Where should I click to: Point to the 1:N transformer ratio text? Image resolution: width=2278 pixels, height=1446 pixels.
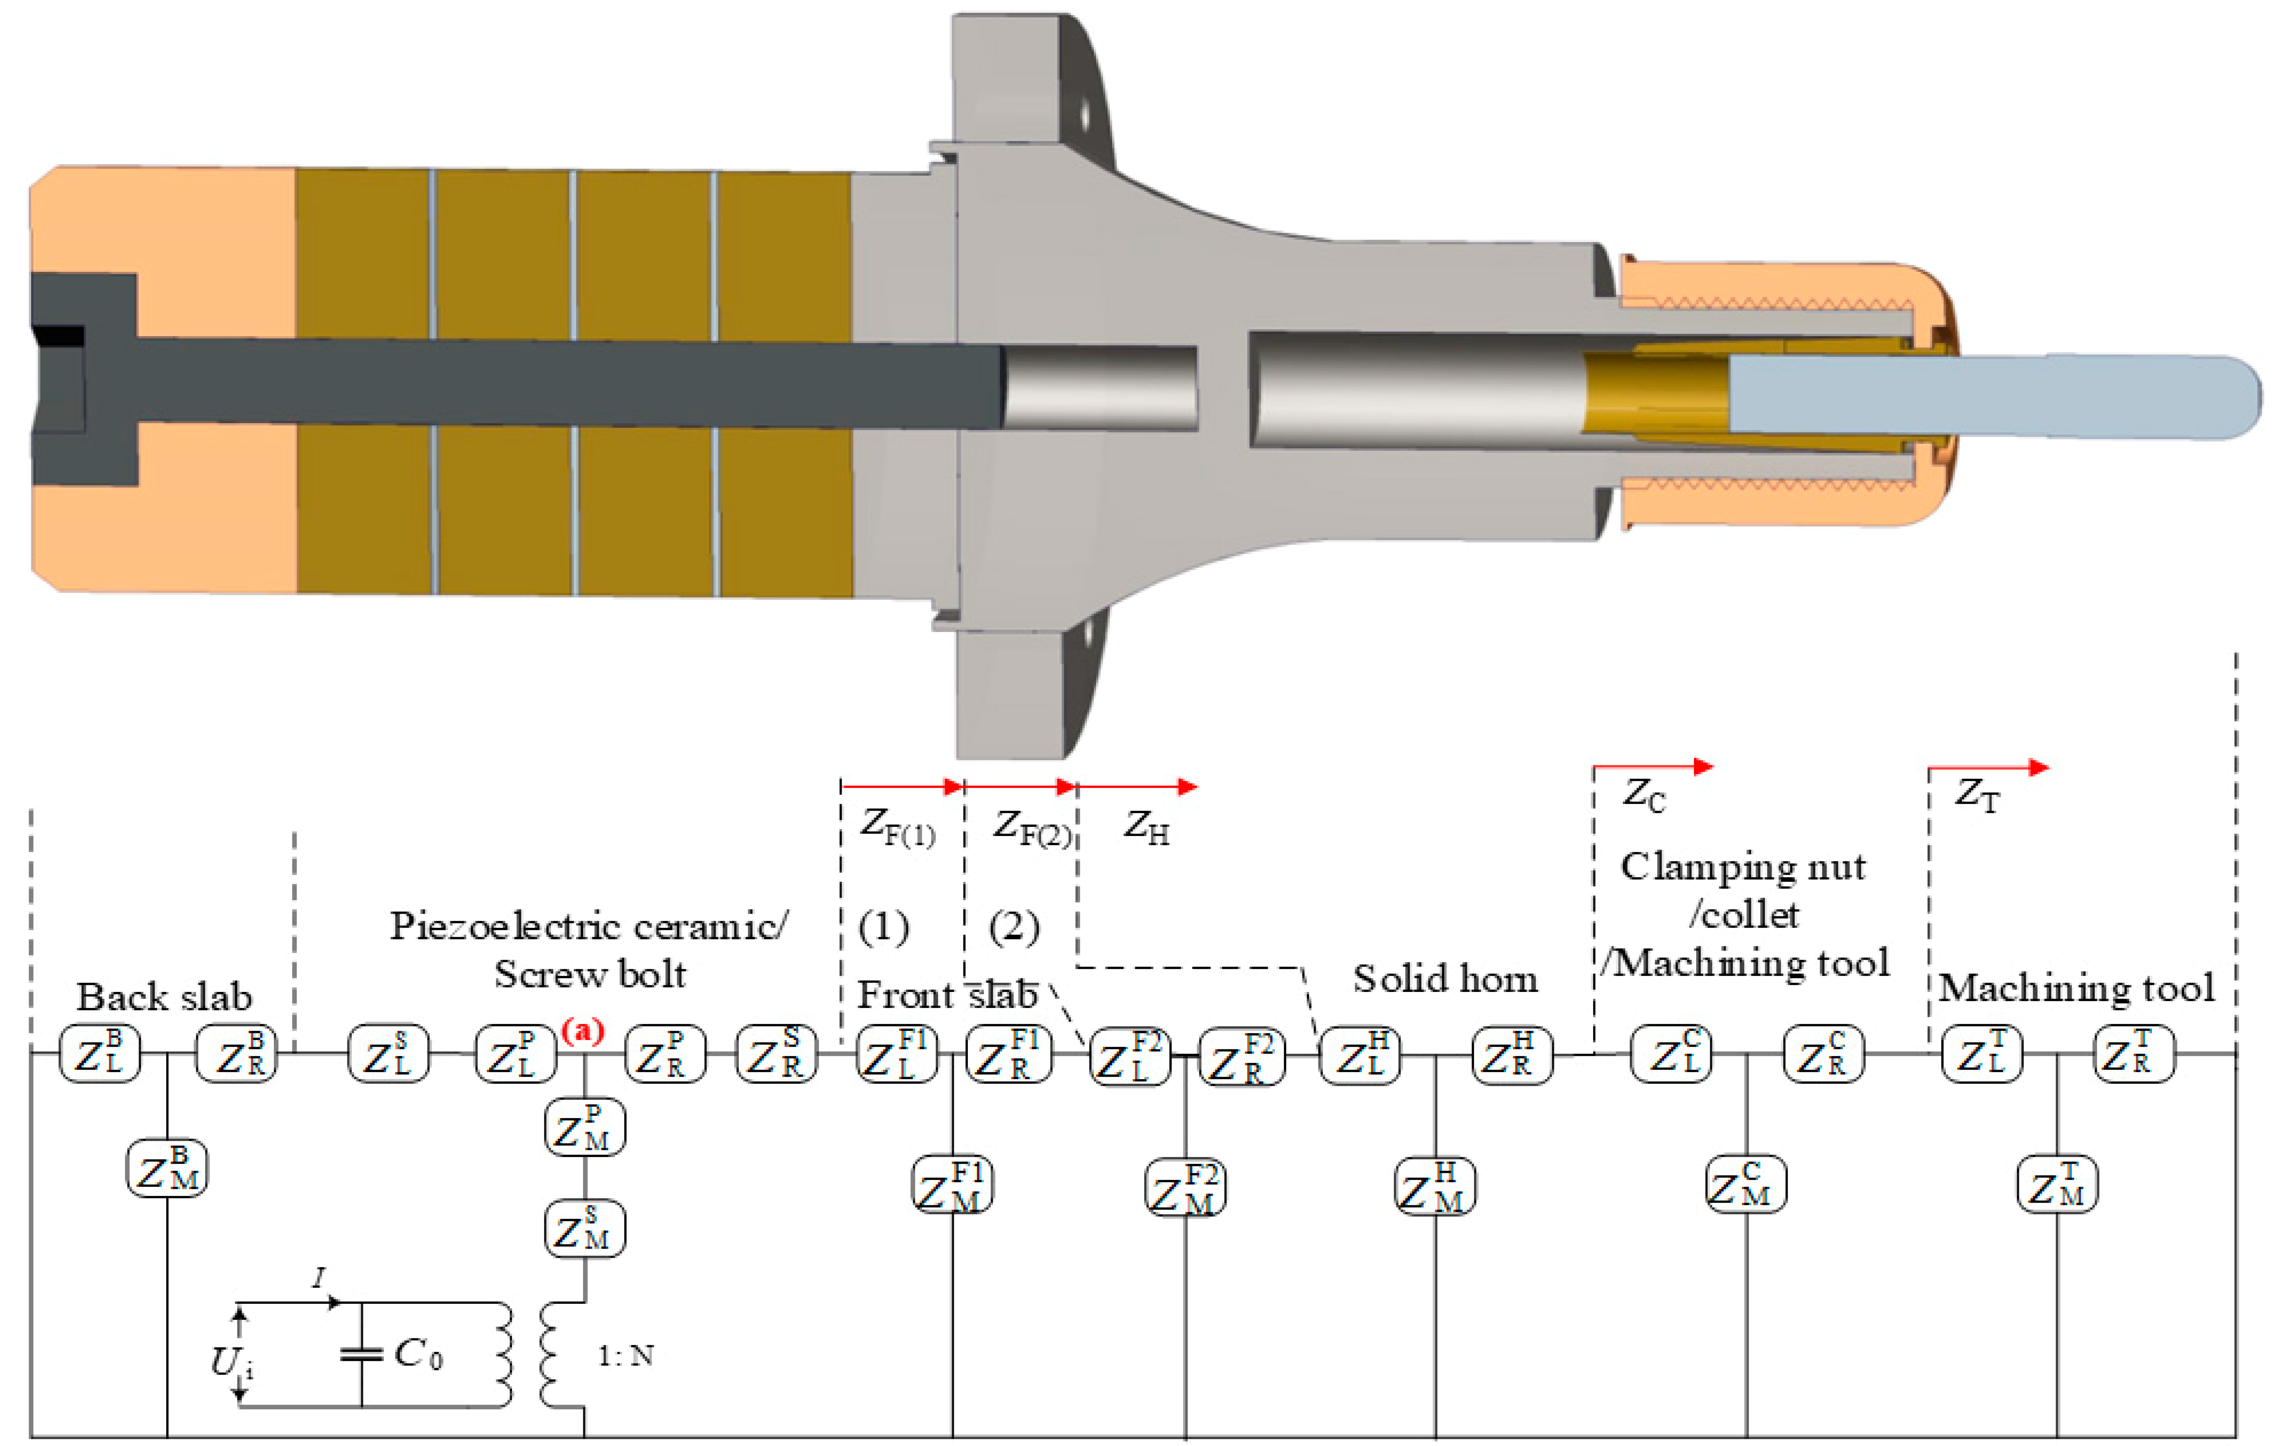[x=625, y=1355]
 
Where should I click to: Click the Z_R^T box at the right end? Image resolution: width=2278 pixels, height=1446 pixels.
[x=2134, y=1054]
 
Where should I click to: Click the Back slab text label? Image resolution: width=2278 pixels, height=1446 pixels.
[x=165, y=997]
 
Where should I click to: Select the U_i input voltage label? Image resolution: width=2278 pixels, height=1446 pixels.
[x=230, y=1362]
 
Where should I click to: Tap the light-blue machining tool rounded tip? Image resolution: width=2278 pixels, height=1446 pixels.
[x=2233, y=397]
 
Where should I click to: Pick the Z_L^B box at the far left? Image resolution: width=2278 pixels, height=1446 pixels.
[x=99, y=1054]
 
